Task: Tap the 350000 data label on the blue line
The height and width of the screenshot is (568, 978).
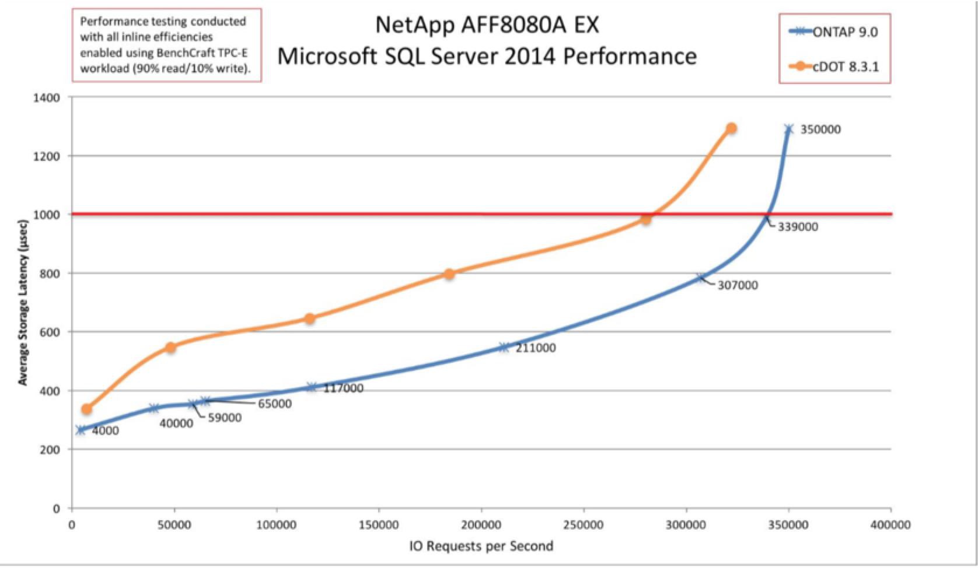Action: [820, 129]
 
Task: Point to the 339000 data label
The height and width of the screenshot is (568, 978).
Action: [798, 227]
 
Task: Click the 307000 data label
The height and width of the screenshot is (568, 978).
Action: [738, 285]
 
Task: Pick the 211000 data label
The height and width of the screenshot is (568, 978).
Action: [535, 348]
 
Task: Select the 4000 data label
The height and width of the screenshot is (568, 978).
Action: [105, 431]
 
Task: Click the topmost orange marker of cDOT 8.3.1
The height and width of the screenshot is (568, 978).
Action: [731, 128]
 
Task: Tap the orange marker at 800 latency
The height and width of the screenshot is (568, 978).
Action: [449, 274]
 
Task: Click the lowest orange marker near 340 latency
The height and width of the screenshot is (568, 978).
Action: [86, 409]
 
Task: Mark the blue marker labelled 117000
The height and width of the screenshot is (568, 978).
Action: [312, 387]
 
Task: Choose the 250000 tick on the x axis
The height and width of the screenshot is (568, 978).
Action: [584, 525]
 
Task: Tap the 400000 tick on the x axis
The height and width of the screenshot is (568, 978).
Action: [890, 525]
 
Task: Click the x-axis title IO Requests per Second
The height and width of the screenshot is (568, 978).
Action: [481, 546]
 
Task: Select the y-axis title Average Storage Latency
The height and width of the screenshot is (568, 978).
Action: [23, 302]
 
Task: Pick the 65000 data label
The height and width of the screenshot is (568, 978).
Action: [274, 404]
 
